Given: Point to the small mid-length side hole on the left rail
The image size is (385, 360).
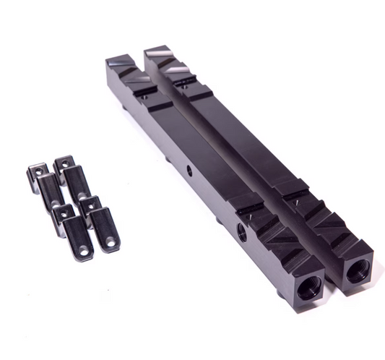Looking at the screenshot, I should point(190,171).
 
